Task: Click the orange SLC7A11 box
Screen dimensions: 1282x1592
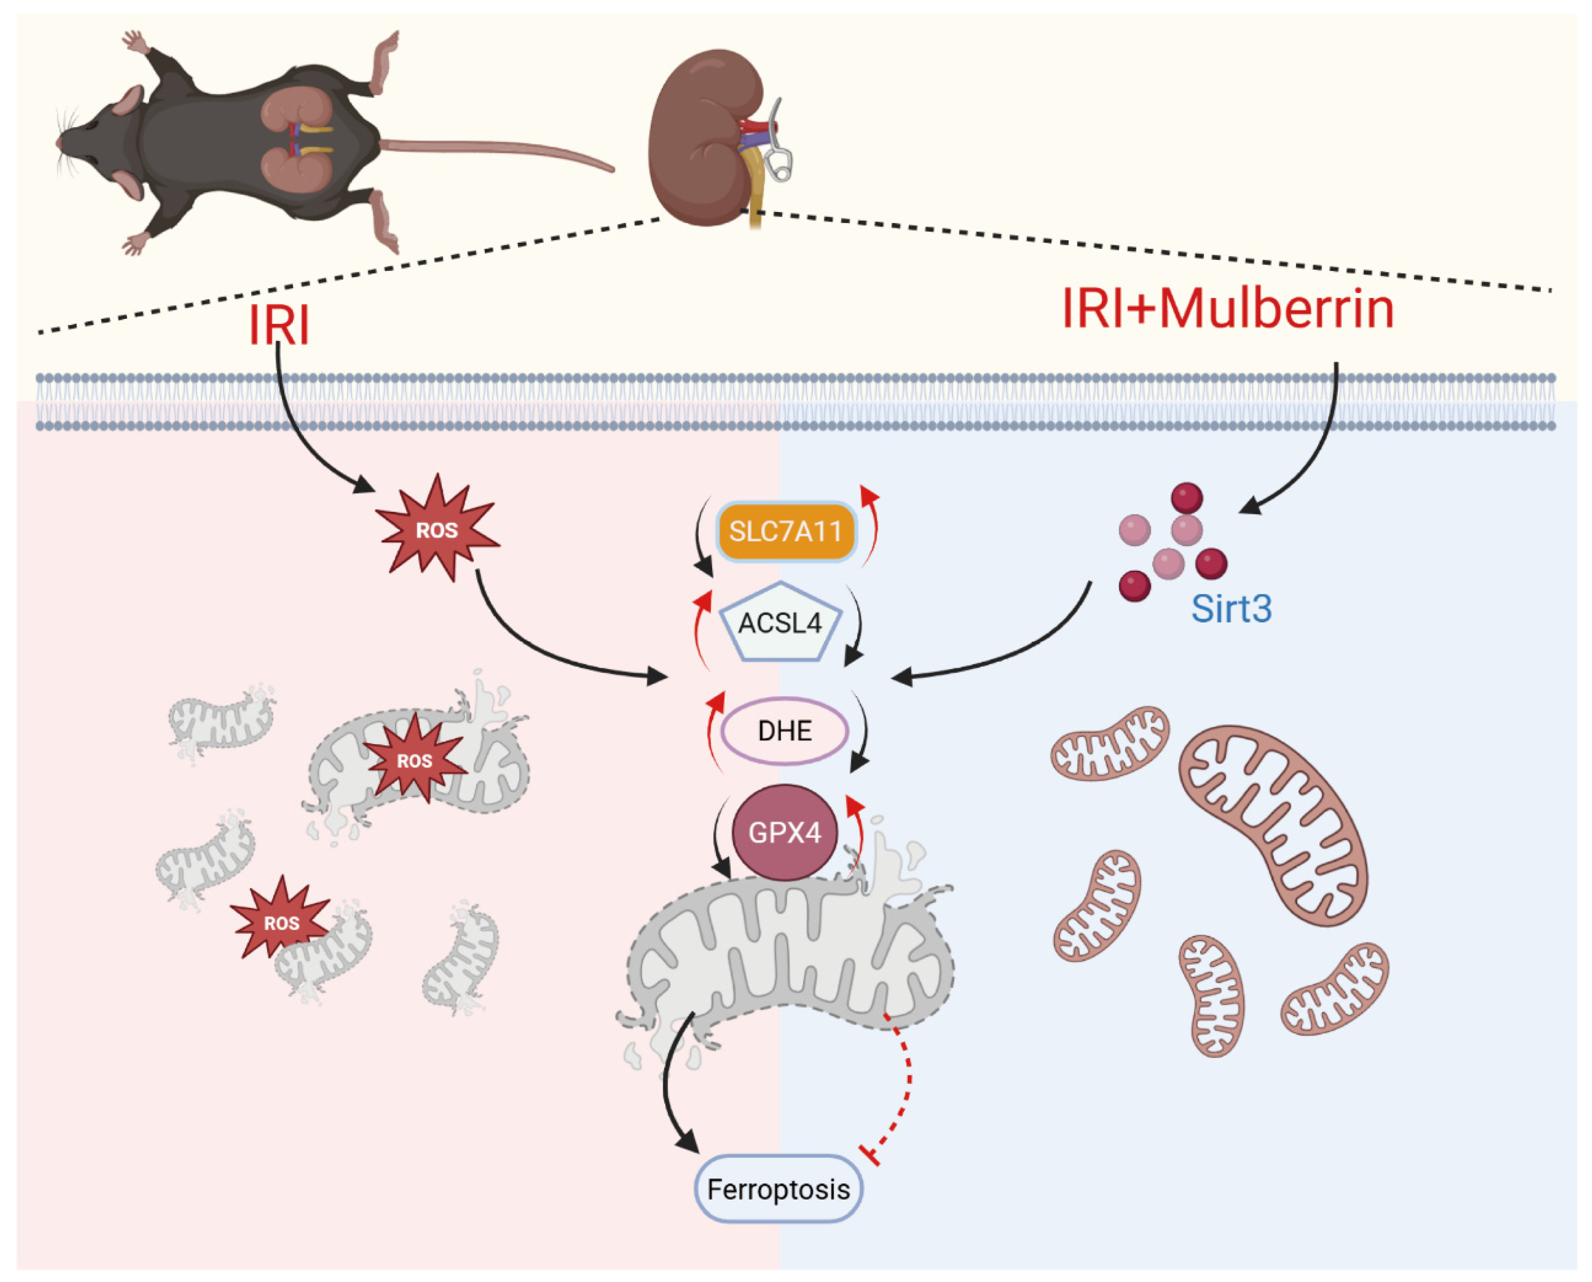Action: click(785, 531)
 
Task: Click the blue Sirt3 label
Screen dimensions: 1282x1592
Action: click(1231, 609)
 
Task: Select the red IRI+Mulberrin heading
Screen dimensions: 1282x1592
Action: click(1227, 309)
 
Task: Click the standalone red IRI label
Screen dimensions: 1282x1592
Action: click(279, 325)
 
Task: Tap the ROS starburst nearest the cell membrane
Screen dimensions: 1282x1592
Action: click(437, 529)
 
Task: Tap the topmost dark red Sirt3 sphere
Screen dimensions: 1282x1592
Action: click(1187, 498)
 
